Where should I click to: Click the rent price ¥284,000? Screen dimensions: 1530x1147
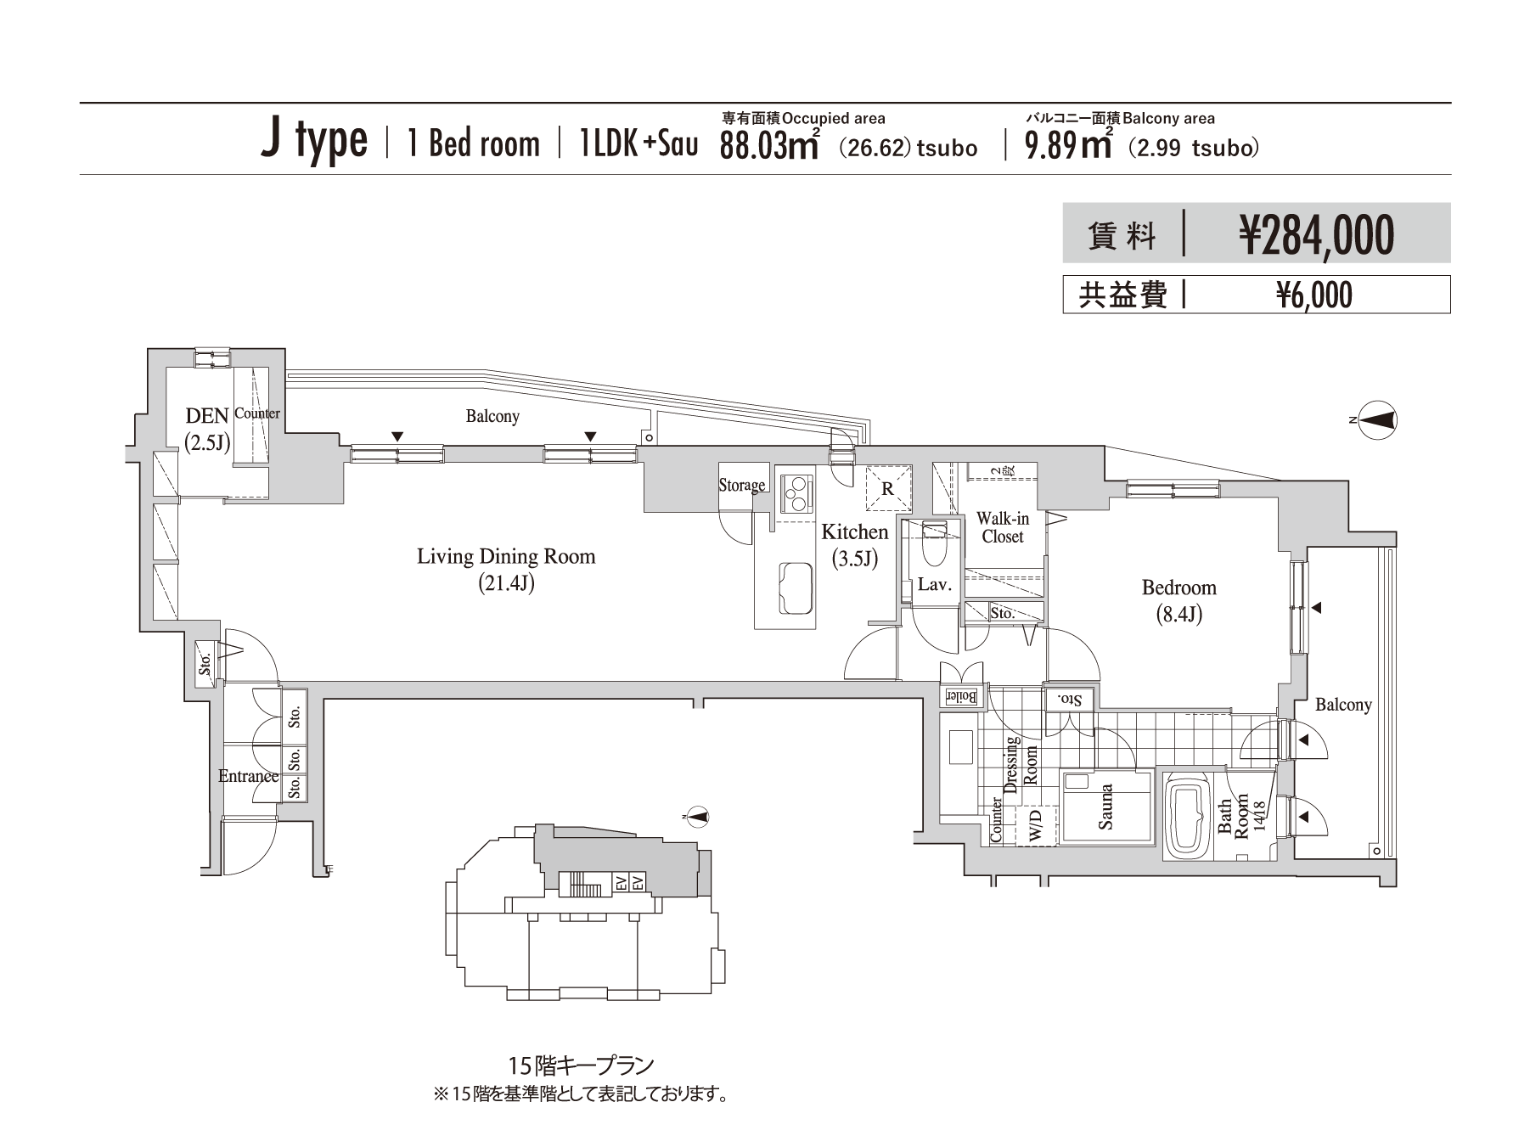pos(1316,234)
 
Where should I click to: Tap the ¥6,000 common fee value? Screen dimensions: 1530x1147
pos(1314,295)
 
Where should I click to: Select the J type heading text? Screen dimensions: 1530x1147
pos(314,142)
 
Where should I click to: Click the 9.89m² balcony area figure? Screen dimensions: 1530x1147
pos(1069,145)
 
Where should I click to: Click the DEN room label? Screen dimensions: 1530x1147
pos(207,415)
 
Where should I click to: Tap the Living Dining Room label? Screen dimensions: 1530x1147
pos(506,557)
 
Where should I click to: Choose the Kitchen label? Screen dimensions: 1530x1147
pos(854,532)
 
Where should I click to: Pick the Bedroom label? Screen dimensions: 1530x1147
pos(1178,588)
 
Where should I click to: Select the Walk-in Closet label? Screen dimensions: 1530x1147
pos(1003,527)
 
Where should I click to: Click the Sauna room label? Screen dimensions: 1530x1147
pos(1105,807)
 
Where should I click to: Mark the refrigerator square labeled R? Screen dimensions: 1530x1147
pos(888,489)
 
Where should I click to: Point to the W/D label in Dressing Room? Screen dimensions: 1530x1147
pos(1035,826)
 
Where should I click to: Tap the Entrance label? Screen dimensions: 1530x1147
pos(248,776)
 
